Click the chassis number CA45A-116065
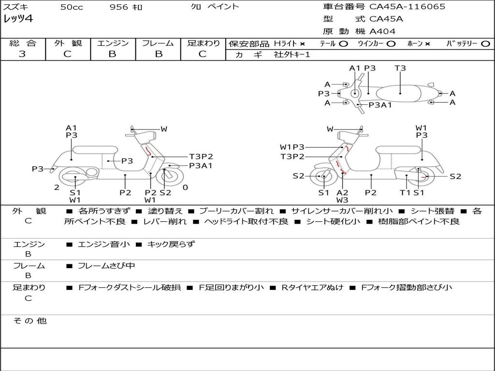[407, 7]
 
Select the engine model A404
[382, 31]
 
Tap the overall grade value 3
[22, 54]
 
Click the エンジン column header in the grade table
[113, 43]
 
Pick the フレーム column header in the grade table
[158, 43]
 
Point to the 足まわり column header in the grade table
[203, 43]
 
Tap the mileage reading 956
[119, 7]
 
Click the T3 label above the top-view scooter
[400, 68]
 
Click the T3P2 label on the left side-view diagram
[201, 157]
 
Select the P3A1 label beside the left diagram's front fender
[201, 166]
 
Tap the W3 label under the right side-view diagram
[342, 200]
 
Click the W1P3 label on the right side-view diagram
[292, 147]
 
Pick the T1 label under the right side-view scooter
[405, 193]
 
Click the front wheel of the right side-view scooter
[322, 177]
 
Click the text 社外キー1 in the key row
[292, 55]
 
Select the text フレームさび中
[106, 266]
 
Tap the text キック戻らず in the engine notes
[171, 244]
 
